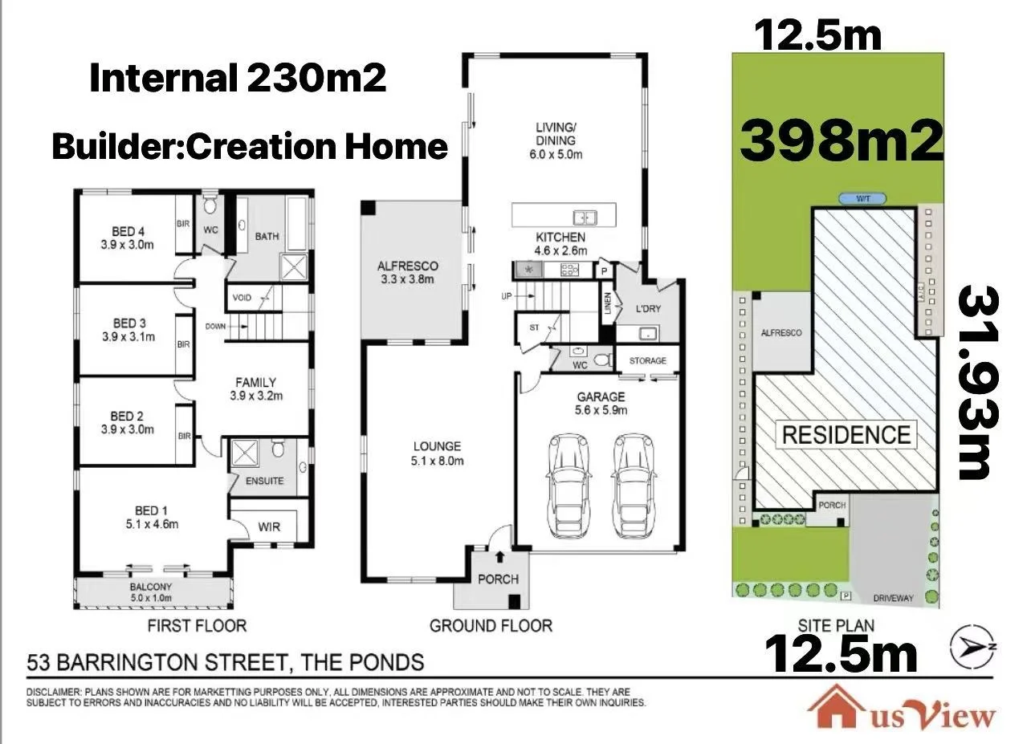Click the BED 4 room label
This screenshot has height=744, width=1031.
coord(128,238)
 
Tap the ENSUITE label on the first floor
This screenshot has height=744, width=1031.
coord(265,481)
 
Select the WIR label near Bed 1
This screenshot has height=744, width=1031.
coord(269,526)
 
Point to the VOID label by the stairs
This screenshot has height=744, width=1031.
coord(242,298)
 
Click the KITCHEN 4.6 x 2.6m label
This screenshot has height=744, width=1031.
coord(560,244)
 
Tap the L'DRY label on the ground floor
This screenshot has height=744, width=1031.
coord(648,309)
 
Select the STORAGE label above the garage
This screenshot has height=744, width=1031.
coord(648,360)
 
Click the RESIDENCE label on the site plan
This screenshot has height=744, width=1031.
coord(846,435)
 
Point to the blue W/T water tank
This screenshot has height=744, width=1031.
coord(862,199)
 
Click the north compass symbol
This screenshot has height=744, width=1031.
coord(973,646)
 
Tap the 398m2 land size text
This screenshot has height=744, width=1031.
coord(842,140)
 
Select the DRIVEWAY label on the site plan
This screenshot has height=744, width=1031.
coord(893,598)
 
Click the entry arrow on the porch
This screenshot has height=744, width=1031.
coord(500,557)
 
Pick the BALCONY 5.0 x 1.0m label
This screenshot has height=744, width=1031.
coord(151,592)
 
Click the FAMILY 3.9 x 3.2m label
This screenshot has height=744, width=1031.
coord(256,388)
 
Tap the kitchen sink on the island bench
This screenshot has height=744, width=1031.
coord(585,218)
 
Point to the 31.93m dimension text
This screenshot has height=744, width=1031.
coord(978,383)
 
